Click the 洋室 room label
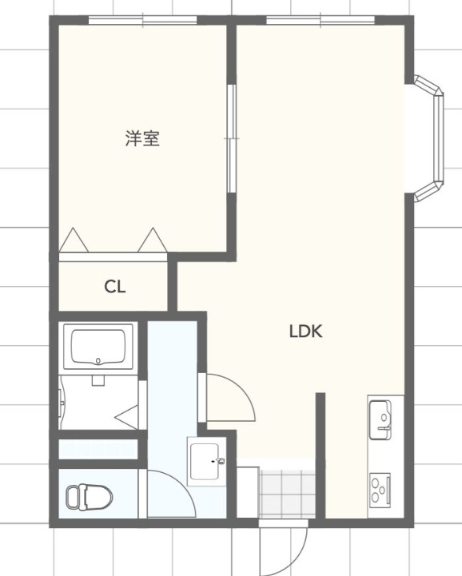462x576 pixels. pos(142,138)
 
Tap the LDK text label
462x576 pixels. pos(305,331)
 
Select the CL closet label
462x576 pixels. pos(114,287)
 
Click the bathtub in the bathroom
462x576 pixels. pos(100,347)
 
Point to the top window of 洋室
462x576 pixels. pos(142,20)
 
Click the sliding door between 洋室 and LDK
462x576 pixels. pos(232,138)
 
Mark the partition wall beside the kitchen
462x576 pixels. pos(321,455)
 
